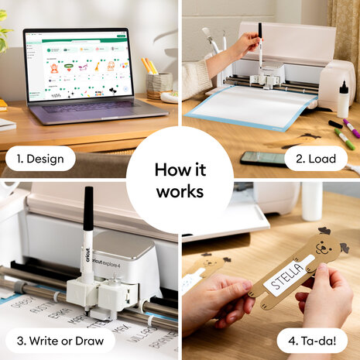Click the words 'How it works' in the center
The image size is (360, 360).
[180, 180]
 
